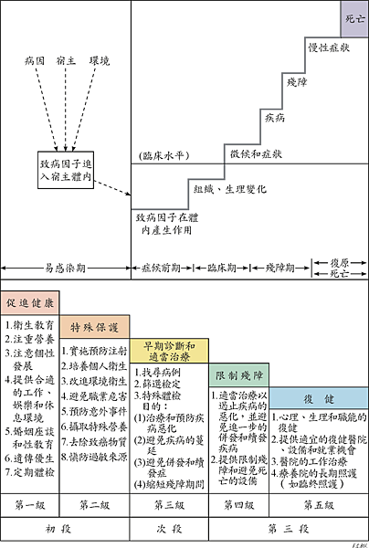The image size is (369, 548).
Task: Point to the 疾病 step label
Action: [x=275, y=117]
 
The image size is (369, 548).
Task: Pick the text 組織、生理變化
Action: [x=230, y=189]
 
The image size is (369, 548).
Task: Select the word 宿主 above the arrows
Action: [x=66, y=61]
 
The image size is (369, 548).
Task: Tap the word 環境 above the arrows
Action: [x=99, y=61]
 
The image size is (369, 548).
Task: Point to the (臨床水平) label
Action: [x=162, y=155]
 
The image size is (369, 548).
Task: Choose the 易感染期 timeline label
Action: [x=66, y=269]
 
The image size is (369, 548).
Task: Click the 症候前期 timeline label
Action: [x=160, y=269]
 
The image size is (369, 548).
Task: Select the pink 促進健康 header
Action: [x=30, y=301]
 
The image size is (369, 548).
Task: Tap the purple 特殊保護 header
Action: [x=94, y=326]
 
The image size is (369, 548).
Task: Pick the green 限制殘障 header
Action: [x=239, y=375]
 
